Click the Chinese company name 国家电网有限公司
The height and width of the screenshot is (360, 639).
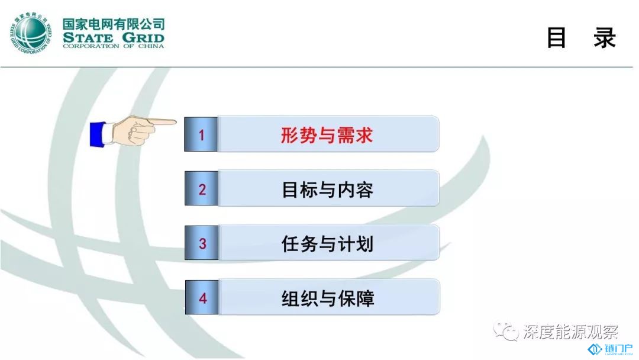pos(113,24)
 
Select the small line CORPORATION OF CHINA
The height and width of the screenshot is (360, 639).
pos(113,46)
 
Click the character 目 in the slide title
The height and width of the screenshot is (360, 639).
pos(556,38)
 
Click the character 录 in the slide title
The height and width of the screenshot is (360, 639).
pos(604,38)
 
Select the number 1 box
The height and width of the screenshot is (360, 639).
pos(201,134)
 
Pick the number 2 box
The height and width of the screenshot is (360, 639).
pos(201,188)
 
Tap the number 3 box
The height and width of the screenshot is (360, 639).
pos(202,243)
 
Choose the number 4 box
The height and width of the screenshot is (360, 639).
pos(202,297)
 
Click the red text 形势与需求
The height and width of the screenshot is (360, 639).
pos(327,135)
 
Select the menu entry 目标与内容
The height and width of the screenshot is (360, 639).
pos(328,189)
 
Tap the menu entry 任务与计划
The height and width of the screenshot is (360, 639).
pos(328,244)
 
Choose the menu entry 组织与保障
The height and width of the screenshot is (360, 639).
pos(328,298)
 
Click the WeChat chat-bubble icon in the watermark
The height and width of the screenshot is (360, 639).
pos(505,331)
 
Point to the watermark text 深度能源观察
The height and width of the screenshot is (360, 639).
pos(570,332)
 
